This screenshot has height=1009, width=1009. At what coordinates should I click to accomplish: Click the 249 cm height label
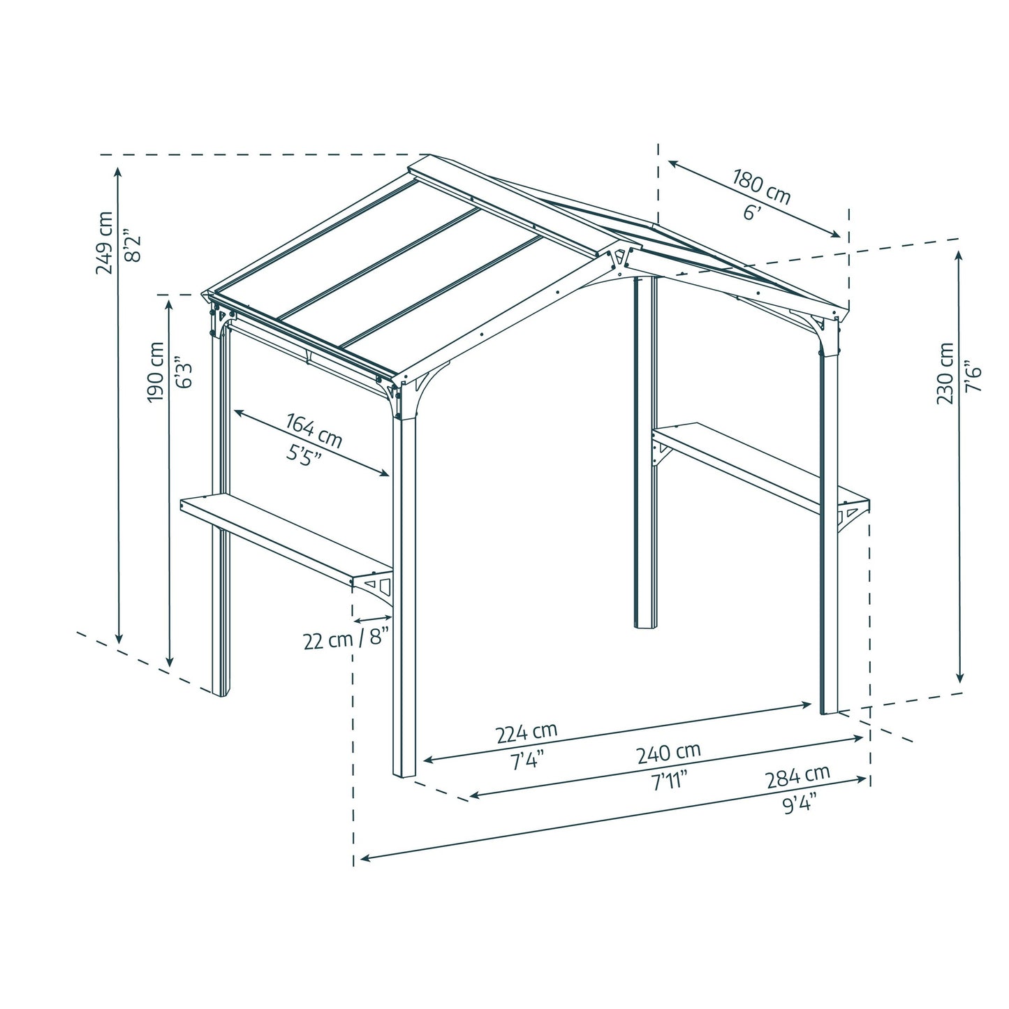click(105, 242)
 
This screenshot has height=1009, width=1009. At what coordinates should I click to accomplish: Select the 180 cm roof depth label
click(761, 186)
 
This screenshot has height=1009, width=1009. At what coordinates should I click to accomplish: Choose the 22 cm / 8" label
click(345, 640)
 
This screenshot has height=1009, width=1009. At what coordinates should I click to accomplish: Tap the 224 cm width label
click(526, 732)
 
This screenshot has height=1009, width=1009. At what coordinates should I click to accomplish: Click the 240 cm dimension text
click(668, 753)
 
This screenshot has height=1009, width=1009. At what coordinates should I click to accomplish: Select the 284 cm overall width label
click(797, 775)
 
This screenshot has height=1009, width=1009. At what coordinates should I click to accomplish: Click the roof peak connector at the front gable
click(618, 258)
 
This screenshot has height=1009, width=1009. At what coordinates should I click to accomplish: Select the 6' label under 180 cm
click(751, 213)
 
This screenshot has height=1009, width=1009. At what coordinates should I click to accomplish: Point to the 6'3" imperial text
click(183, 374)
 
